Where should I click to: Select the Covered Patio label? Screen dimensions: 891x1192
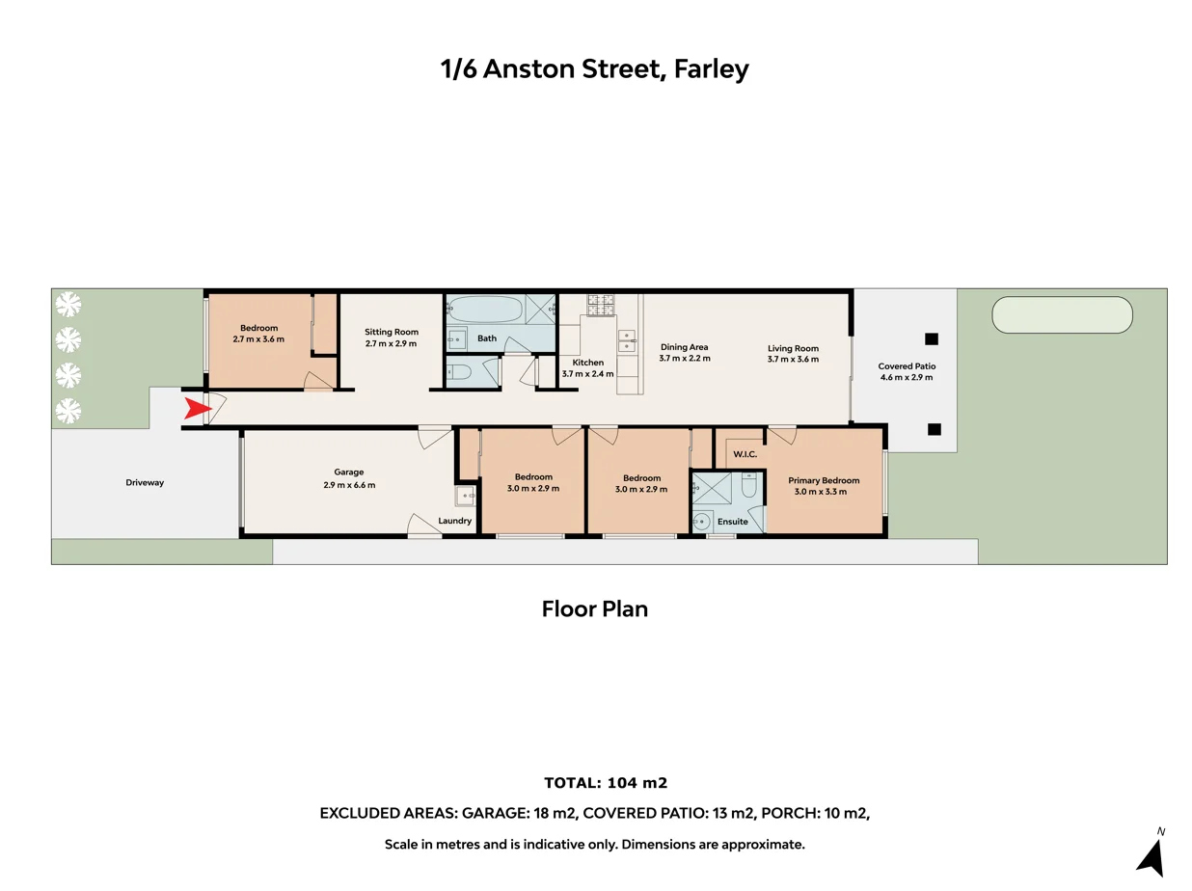click(x=907, y=366)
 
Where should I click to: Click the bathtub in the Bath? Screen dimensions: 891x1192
click(x=485, y=310)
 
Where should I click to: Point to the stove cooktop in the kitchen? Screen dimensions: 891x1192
click(x=601, y=305)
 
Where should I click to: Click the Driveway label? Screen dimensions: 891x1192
click(x=145, y=482)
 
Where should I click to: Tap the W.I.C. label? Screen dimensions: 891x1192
click(x=745, y=453)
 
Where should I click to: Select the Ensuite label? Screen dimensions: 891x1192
click(x=733, y=522)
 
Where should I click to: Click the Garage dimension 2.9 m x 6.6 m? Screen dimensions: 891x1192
click(x=349, y=485)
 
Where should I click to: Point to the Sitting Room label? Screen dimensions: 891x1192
click(x=392, y=332)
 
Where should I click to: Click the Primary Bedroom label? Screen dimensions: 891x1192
click(x=823, y=480)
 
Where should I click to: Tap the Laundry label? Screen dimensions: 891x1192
click(x=455, y=522)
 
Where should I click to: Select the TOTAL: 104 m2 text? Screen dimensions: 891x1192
click(x=606, y=783)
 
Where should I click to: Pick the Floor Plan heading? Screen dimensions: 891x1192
click(x=595, y=609)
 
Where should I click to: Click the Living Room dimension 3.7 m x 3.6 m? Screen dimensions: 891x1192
click(x=793, y=359)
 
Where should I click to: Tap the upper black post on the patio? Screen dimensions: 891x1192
click(x=931, y=338)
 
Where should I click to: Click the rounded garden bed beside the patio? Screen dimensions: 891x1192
click(x=1062, y=314)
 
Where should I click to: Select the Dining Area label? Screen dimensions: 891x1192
click(x=684, y=347)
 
